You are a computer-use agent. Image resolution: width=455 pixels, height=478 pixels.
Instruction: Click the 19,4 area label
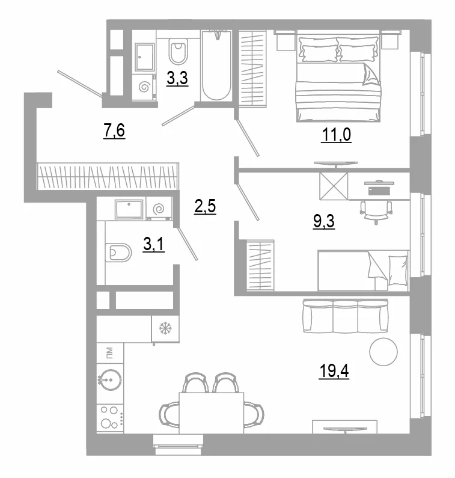[334, 371]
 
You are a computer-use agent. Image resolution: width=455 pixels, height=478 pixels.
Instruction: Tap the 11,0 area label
[336, 135]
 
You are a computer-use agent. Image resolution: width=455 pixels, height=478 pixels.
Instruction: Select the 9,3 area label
[323, 221]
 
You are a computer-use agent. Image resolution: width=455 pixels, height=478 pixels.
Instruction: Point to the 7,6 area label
[114, 131]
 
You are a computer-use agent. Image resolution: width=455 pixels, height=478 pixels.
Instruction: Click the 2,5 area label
[205, 206]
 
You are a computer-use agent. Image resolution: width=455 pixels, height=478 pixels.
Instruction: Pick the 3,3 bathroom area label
[177, 78]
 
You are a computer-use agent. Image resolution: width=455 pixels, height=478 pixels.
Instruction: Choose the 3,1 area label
[154, 245]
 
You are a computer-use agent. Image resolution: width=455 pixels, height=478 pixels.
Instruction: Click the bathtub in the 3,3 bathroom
[216, 66]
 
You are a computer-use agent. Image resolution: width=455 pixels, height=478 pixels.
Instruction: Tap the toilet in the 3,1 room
[118, 253]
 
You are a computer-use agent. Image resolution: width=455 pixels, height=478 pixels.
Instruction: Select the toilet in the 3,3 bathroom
[177, 52]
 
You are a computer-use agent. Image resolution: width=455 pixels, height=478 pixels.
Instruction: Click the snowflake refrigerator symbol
[165, 328]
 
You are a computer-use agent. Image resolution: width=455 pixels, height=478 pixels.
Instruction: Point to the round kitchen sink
[111, 380]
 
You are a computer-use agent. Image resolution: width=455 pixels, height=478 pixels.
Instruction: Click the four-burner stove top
[111, 418]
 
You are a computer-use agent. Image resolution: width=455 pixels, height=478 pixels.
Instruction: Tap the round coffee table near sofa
[383, 352]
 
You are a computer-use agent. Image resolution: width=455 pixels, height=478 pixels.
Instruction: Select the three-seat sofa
[346, 316]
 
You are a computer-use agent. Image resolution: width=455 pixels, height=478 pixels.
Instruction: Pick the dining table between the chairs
[212, 413]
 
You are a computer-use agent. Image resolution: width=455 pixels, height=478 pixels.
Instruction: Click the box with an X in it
[334, 186]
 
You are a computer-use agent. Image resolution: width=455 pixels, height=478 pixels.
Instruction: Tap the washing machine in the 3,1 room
[159, 209]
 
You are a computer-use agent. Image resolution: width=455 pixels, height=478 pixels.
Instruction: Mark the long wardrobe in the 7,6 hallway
[108, 177]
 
